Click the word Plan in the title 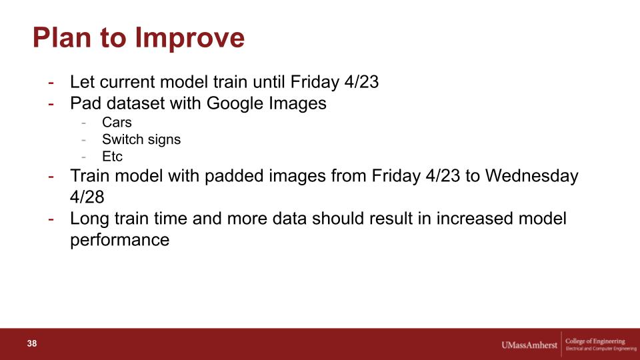[62, 37]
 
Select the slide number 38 [32, 343]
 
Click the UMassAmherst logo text [529, 345]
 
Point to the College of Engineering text [595, 341]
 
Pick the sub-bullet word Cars [117, 122]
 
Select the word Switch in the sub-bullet [121, 139]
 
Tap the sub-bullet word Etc [112, 156]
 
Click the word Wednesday [532, 176]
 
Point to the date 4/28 [87, 197]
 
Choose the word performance [119, 240]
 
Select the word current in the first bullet [127, 82]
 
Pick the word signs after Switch [163, 140]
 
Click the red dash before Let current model [51, 83]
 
